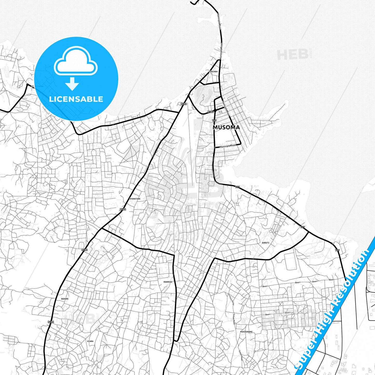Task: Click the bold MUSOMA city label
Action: tap(226, 127)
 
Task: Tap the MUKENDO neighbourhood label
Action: tap(213, 71)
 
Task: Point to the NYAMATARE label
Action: tap(135, 199)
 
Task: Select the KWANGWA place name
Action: tap(168, 282)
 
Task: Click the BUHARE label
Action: tap(65, 299)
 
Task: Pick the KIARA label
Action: tap(90, 341)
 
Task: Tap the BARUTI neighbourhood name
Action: tap(265, 243)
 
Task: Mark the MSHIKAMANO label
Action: tap(246, 332)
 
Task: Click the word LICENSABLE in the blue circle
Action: tap(76, 99)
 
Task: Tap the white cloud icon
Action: tap(76, 62)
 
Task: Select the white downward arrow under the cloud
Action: tap(72, 84)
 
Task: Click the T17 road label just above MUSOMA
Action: tap(214, 121)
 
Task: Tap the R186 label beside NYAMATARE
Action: tap(123, 209)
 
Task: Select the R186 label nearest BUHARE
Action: tap(51, 322)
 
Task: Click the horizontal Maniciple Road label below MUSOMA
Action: tap(228, 146)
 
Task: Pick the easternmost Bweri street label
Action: tap(332, 280)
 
